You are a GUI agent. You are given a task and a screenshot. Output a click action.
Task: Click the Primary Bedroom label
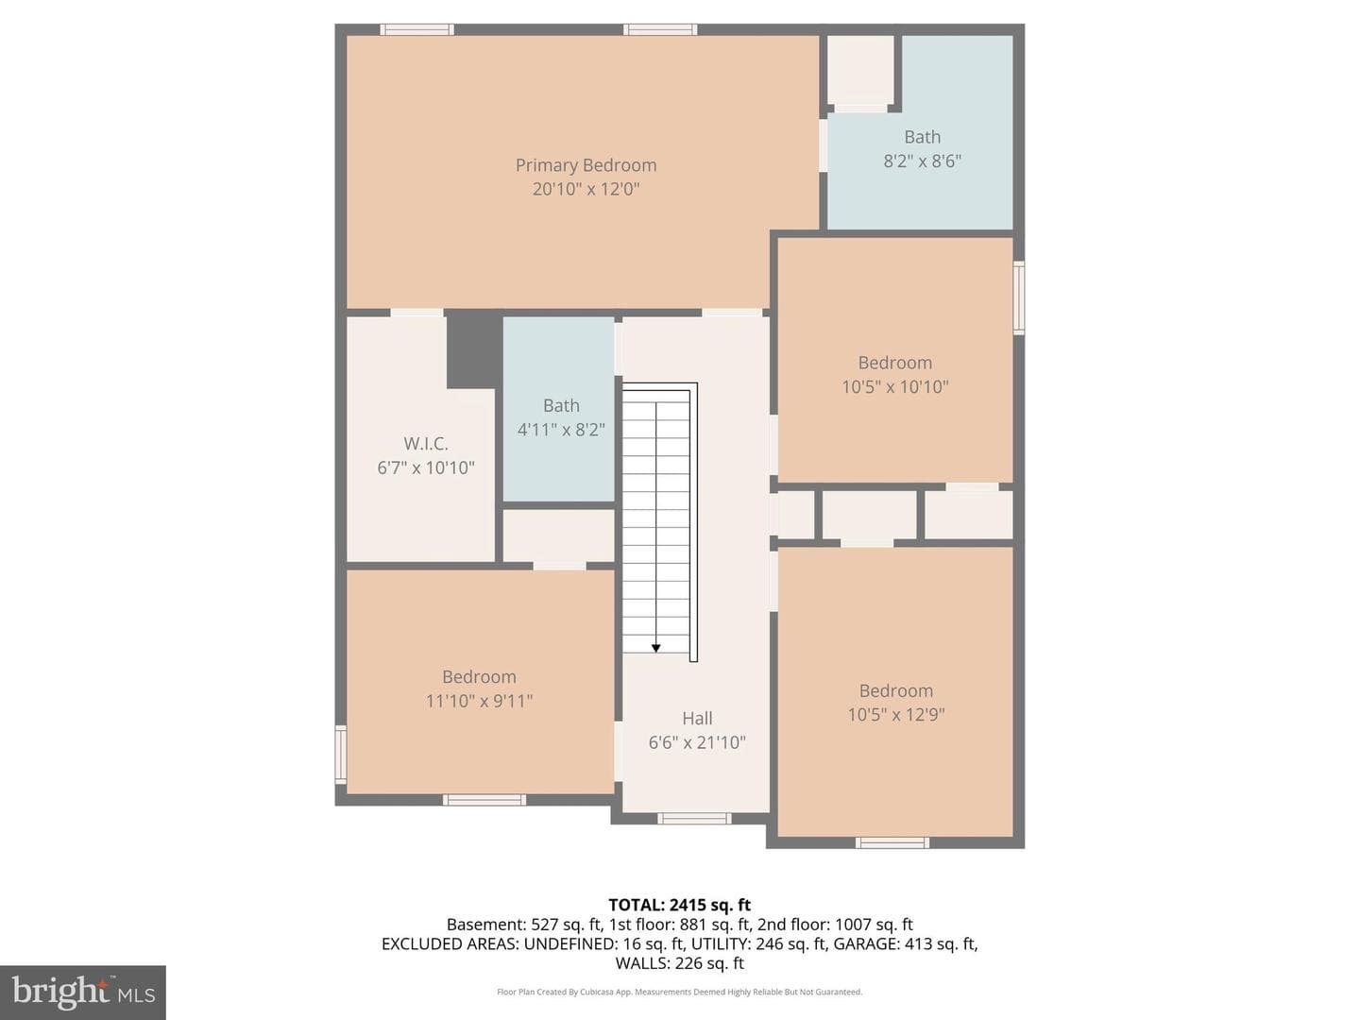tap(586, 165)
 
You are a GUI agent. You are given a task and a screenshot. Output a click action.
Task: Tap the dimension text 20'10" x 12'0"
tap(586, 189)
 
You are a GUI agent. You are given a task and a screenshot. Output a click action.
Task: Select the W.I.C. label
tap(426, 444)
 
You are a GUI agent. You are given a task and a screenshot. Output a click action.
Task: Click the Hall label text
tap(697, 719)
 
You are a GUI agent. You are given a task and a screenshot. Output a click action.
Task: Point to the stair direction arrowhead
tap(655, 649)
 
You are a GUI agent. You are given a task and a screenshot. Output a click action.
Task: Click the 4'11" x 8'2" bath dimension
tap(561, 429)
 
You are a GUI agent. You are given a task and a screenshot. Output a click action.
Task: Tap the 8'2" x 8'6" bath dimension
tap(922, 161)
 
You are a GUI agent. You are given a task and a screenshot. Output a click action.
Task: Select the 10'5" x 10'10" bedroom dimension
tap(894, 387)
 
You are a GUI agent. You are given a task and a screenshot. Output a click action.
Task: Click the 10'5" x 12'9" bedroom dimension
tap(896, 715)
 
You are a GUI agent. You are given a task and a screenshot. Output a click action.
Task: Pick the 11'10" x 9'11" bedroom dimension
tap(479, 701)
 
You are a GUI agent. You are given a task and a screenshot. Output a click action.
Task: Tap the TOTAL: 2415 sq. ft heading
tap(680, 905)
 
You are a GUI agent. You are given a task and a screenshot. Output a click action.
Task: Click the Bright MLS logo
tap(83, 992)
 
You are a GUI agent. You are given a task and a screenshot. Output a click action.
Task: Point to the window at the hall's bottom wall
tap(694, 819)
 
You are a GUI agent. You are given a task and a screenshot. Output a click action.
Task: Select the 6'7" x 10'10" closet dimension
tap(426, 467)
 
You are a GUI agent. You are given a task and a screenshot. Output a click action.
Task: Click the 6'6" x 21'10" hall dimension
tap(697, 742)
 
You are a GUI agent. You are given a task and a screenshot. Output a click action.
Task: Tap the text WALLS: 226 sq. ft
tap(680, 963)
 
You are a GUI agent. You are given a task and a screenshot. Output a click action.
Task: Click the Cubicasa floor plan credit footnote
tap(680, 992)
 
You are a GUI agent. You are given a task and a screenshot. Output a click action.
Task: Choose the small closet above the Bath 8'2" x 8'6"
tap(860, 69)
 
